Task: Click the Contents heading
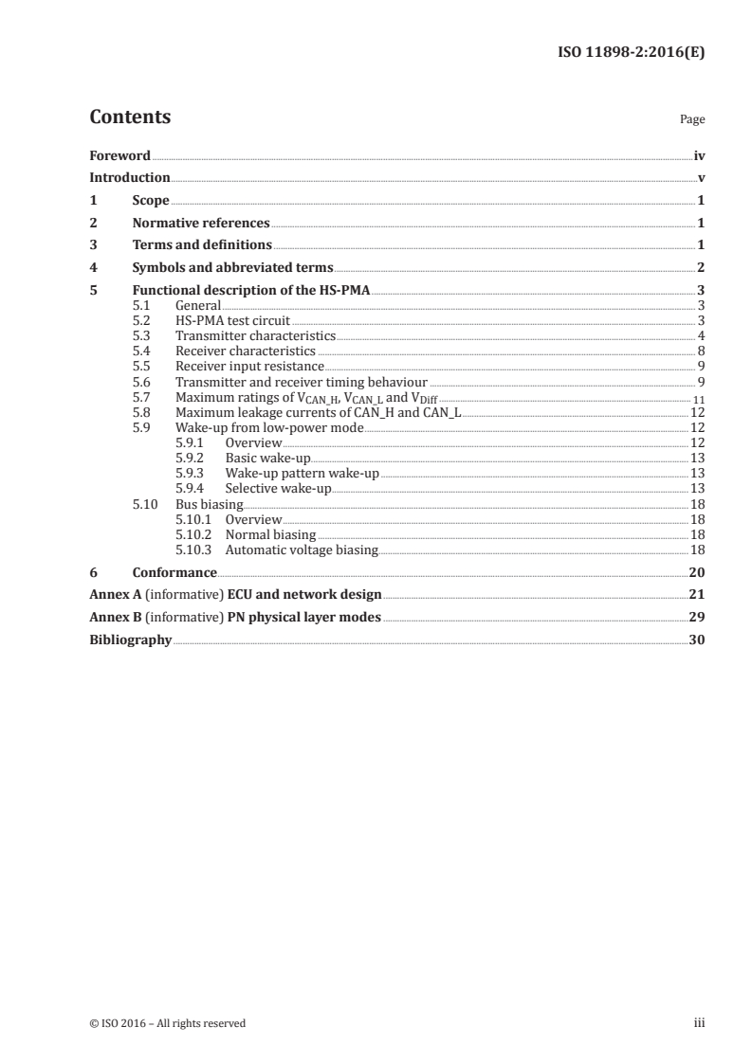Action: point(130,117)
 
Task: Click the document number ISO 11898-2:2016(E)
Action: point(630,53)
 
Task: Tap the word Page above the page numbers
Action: point(692,120)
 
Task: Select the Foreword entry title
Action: point(119,155)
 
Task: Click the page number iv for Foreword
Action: point(699,155)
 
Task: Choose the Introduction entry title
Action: point(130,178)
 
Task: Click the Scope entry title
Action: point(151,201)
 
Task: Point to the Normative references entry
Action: point(201,224)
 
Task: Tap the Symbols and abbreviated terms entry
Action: point(232,268)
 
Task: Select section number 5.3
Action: point(141,335)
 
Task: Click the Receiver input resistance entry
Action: point(249,366)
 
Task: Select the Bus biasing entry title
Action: point(210,505)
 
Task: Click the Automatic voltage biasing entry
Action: point(301,550)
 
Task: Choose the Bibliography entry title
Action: point(130,640)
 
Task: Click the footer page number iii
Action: point(699,1023)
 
